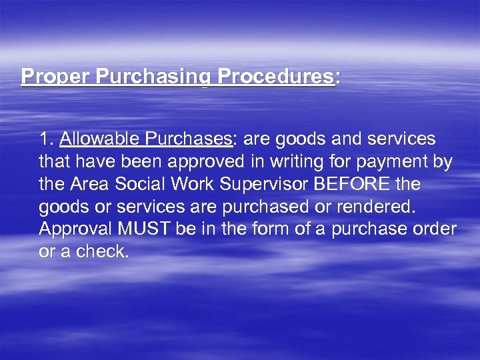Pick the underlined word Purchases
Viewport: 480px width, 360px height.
click(x=186, y=139)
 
